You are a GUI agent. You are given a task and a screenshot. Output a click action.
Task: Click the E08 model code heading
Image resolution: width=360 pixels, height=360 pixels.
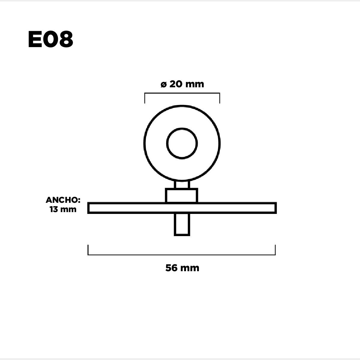pos(50,39)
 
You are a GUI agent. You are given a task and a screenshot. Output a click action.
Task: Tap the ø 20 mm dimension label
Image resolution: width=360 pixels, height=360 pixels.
pos(182,84)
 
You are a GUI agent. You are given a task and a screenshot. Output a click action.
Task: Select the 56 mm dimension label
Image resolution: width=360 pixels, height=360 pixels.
pos(182,268)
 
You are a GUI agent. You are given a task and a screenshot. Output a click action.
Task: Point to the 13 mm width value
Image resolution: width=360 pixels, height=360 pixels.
pos(63,209)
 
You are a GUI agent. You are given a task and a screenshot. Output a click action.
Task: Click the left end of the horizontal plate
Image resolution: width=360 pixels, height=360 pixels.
pos(88,208)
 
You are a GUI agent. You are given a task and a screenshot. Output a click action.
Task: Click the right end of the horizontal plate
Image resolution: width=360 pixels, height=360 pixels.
pos(276,208)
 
